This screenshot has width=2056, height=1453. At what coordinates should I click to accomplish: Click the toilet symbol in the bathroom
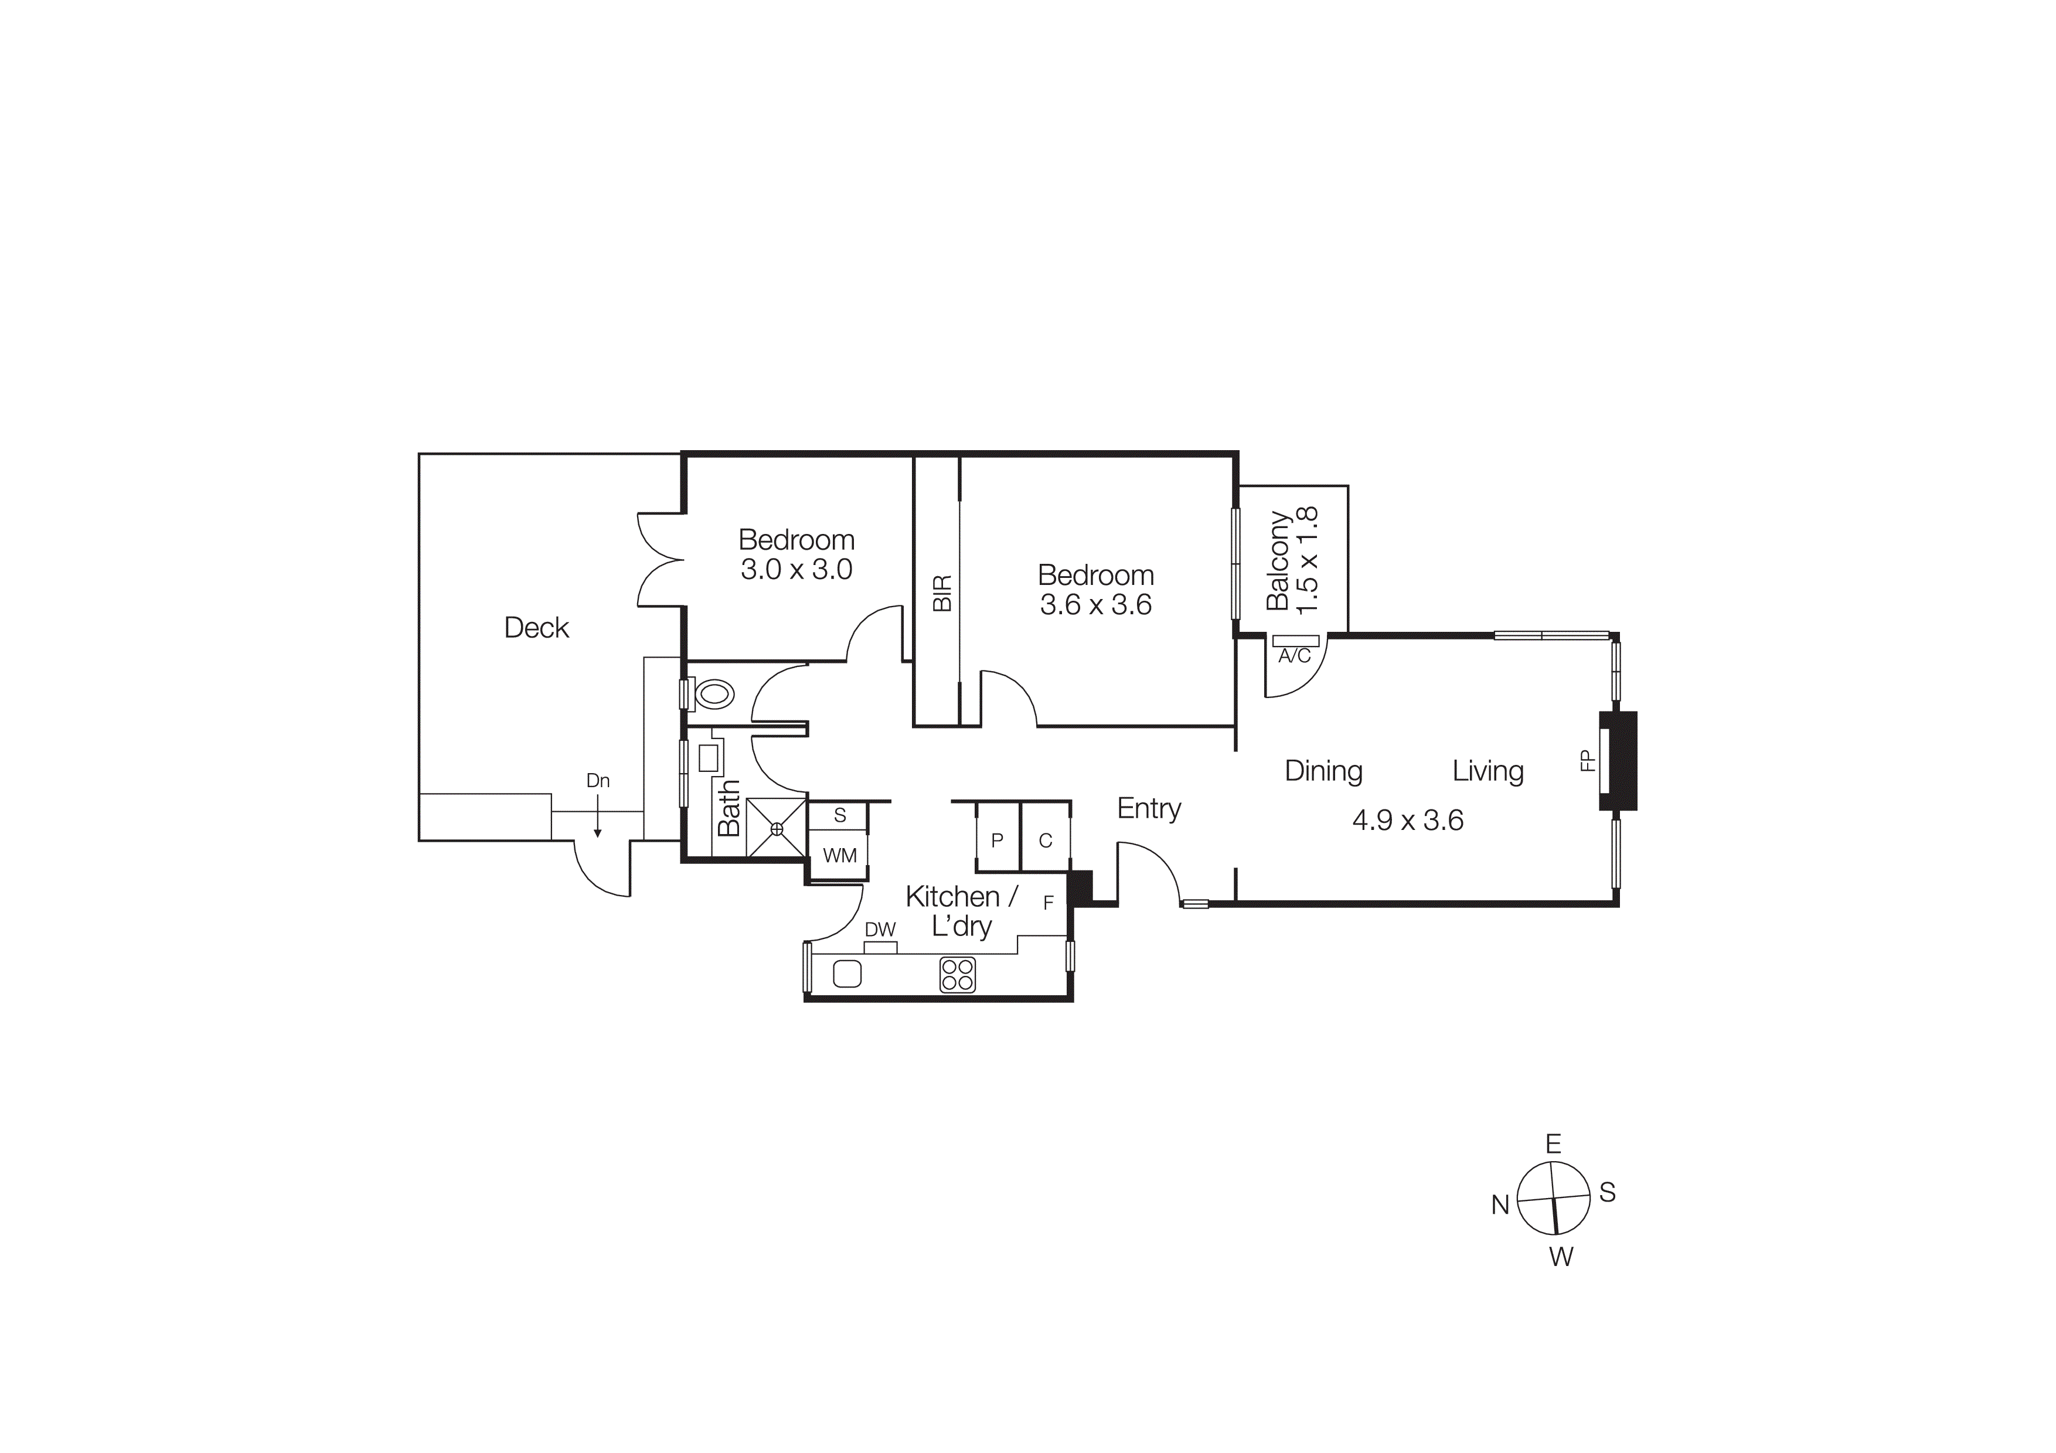[714, 694]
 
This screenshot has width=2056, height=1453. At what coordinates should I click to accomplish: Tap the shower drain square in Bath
[777, 829]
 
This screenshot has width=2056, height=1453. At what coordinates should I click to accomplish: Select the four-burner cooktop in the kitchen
[957, 975]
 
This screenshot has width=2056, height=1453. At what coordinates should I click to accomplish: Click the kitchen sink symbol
[847, 974]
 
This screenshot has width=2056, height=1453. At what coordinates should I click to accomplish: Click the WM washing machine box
[839, 855]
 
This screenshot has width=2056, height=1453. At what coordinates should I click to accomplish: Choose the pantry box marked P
[997, 840]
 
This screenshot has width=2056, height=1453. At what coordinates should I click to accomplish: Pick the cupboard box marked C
[1045, 840]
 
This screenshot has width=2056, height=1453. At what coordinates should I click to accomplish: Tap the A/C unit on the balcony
[1295, 641]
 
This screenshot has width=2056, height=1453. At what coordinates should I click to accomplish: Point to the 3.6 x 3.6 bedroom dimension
[1095, 605]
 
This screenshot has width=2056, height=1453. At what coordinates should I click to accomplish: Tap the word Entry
[1149, 808]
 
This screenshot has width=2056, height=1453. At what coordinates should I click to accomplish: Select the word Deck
[536, 628]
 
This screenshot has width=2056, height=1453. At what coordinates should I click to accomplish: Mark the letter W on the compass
[1561, 1257]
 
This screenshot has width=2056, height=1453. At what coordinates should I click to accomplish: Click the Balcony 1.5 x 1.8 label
[1292, 560]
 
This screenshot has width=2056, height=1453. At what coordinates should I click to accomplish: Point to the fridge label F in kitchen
[1049, 903]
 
